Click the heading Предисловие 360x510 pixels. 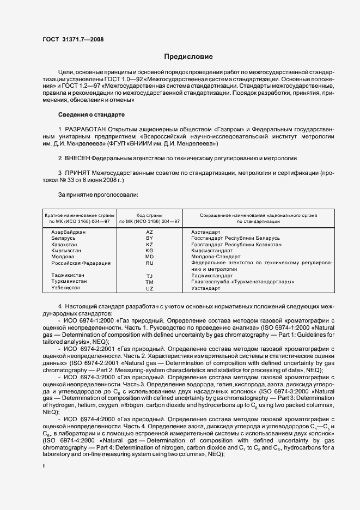(189, 57)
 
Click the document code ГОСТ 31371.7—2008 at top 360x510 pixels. (72, 39)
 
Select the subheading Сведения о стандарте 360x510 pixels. (91, 115)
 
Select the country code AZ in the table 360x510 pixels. (150, 232)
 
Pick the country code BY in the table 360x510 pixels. (150, 239)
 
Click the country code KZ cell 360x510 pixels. (150, 245)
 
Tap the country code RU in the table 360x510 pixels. (150, 263)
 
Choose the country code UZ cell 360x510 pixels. (150, 288)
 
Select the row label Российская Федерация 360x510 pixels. (81, 263)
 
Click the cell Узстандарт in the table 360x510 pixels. (206, 288)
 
